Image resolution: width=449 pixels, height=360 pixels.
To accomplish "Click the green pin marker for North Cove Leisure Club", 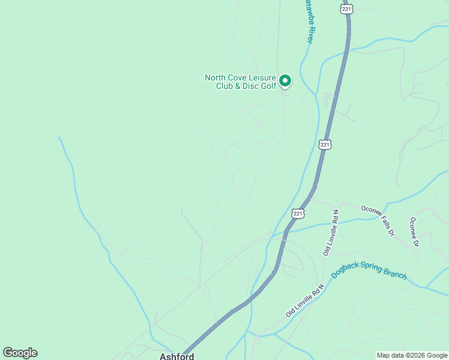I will (286, 80).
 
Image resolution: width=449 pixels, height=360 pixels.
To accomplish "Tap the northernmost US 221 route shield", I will (346, 8).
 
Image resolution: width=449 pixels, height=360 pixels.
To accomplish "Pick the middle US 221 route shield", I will (325, 145).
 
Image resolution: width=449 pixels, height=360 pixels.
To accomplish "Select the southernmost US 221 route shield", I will (298, 213).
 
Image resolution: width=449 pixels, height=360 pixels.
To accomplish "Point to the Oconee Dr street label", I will (413, 232).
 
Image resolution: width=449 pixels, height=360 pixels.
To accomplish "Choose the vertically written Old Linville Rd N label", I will (331, 233).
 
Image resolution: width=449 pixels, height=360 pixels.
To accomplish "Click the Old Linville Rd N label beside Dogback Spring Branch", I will (305, 301).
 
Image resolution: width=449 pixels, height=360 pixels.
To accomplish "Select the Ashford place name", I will (176, 356).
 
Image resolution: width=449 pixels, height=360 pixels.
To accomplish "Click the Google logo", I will (20, 353).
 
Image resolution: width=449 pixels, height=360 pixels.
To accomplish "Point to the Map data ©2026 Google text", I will (412, 355).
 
